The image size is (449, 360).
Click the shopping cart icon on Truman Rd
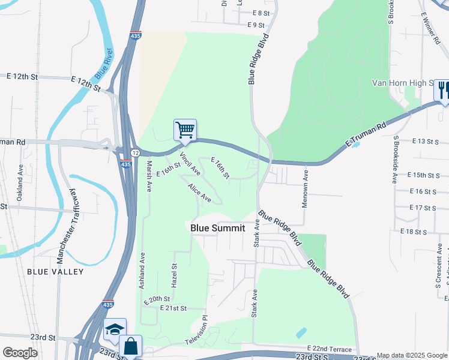point(185,130)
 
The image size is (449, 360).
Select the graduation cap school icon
point(114,329)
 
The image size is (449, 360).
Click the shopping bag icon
point(130,346)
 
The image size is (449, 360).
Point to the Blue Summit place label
point(218,228)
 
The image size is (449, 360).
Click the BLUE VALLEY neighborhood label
point(55,272)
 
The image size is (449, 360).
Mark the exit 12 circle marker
point(136,154)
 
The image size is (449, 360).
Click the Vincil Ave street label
point(190,163)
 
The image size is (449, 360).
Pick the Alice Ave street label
point(199,193)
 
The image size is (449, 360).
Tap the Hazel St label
point(175,275)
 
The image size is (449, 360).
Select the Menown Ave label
point(306,188)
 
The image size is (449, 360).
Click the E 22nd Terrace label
point(331,348)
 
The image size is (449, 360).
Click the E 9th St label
point(255,25)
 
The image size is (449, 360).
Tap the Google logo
point(20,353)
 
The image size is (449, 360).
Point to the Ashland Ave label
point(143,271)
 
